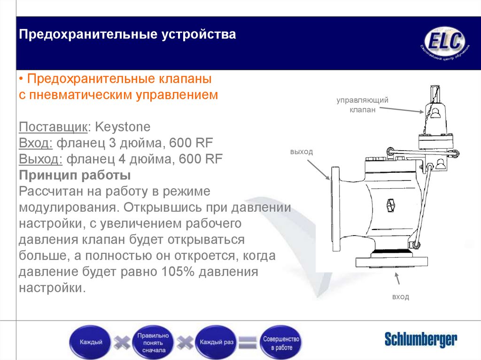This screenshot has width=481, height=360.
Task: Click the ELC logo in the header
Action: pyautogui.click(x=444, y=43)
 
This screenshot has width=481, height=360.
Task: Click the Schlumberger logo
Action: pyautogui.click(x=420, y=339)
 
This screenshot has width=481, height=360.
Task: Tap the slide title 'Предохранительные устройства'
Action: pyautogui.click(x=127, y=35)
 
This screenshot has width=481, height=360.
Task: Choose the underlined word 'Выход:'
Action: pyautogui.click(x=41, y=159)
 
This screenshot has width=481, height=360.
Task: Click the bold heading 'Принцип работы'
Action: pyautogui.click(x=75, y=176)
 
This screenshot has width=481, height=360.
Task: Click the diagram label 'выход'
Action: pyautogui.click(x=301, y=152)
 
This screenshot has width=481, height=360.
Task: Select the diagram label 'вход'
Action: pyautogui.click(x=400, y=297)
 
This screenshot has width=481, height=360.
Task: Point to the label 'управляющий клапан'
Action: pyautogui.click(x=362, y=105)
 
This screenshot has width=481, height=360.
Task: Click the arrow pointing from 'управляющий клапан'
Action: pyautogui.click(x=402, y=109)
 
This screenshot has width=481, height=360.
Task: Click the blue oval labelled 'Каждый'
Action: pyautogui.click(x=91, y=342)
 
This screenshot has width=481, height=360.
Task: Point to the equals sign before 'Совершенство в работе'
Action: pyautogui.click(x=248, y=342)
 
